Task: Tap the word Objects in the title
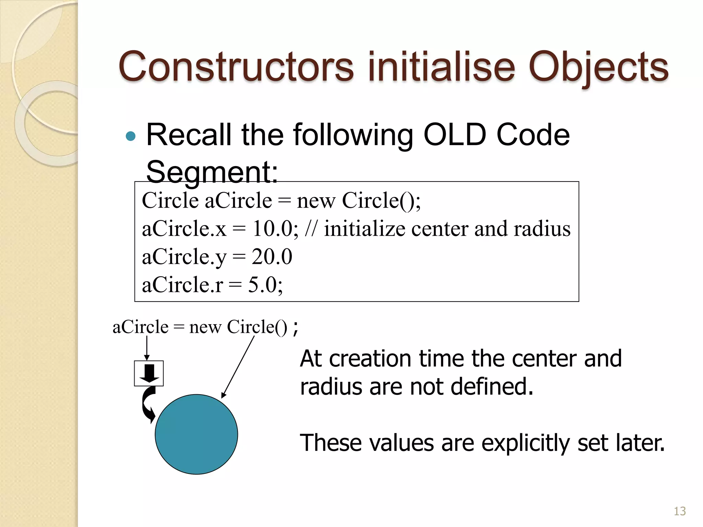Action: click(598, 67)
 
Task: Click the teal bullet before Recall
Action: click(131, 137)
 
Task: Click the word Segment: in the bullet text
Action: click(212, 172)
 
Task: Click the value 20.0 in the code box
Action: click(272, 257)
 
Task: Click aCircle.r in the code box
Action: click(182, 285)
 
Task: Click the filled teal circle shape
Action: click(196, 434)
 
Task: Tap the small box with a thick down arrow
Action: click(149, 373)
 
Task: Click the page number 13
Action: click(680, 511)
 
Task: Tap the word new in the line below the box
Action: click(205, 327)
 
